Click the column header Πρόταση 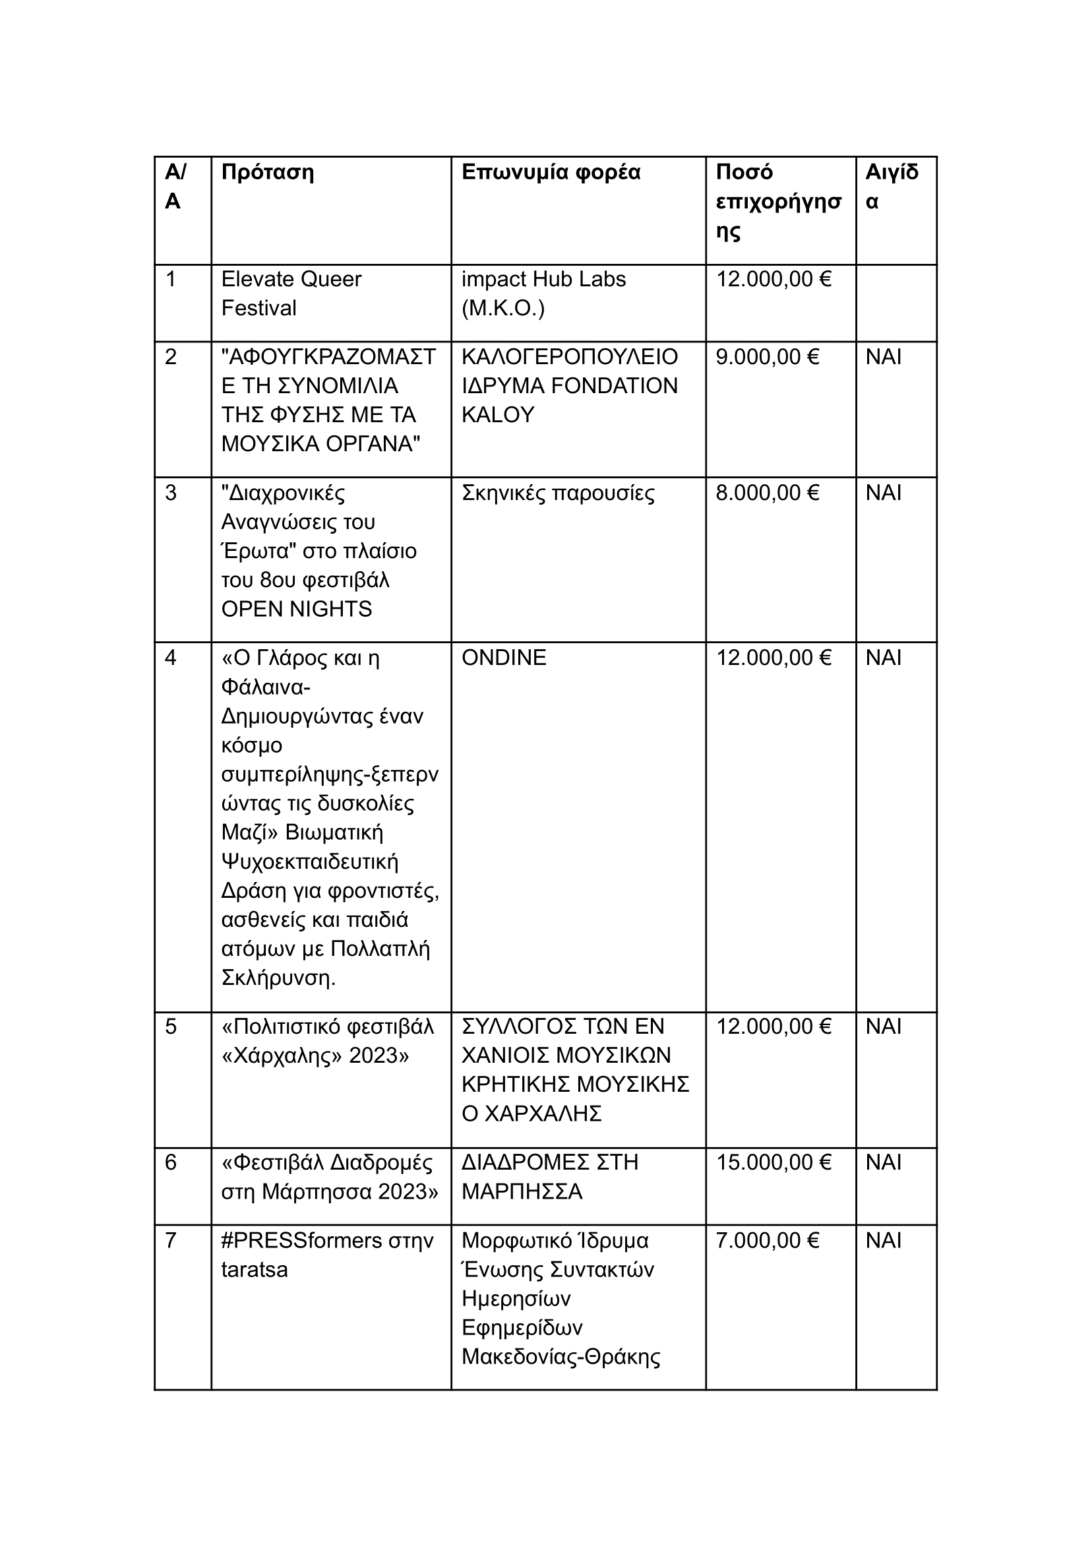click(x=268, y=172)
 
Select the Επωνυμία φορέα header click(x=551, y=172)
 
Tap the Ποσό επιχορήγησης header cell click(x=778, y=201)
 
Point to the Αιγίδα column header click(x=891, y=186)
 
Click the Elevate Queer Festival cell click(x=291, y=294)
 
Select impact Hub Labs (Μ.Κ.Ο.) click(x=543, y=294)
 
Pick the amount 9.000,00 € click(x=767, y=356)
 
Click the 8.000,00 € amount click(x=767, y=493)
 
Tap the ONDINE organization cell click(x=504, y=657)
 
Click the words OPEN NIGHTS click(x=297, y=609)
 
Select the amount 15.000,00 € click(x=773, y=1162)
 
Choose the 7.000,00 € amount click(x=767, y=1240)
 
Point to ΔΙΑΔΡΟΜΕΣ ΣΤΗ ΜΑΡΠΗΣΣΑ click(x=549, y=1177)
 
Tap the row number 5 click(x=171, y=1026)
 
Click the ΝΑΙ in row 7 click(x=883, y=1240)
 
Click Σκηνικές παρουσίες click(x=557, y=493)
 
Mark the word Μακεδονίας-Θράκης click(x=561, y=1357)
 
